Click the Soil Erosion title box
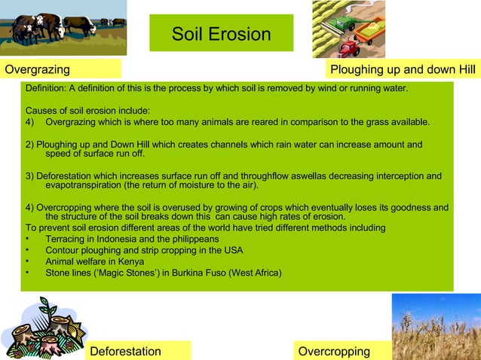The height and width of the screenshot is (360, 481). point(221,33)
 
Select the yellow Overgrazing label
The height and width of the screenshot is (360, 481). point(60,70)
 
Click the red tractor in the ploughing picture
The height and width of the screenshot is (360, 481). point(349,49)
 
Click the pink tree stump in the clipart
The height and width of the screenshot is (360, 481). point(45,343)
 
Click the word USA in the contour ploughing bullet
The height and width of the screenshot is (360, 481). point(233,250)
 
